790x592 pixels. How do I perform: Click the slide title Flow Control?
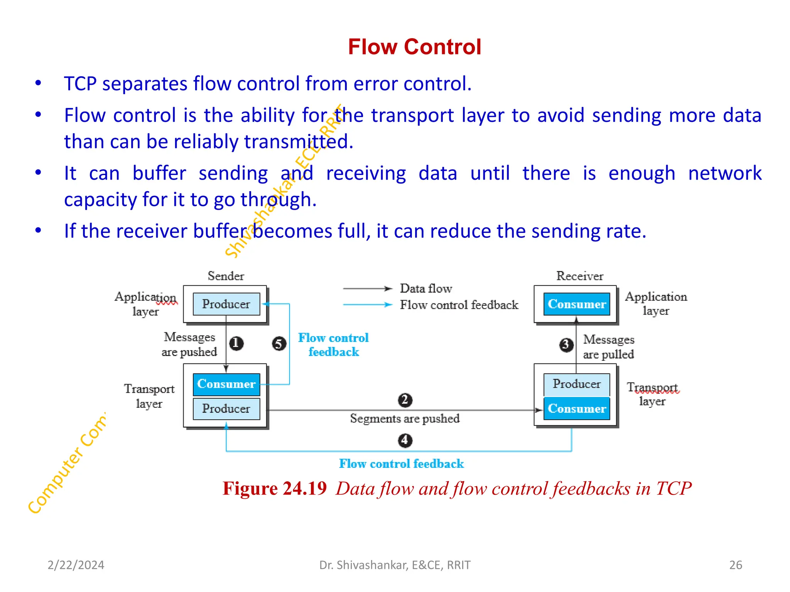pyautogui.click(x=414, y=47)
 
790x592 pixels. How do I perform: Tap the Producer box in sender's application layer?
pyautogui.click(x=226, y=304)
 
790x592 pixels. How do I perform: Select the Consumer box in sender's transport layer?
pyautogui.click(x=226, y=384)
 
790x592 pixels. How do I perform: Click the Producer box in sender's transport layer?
pyautogui.click(x=226, y=409)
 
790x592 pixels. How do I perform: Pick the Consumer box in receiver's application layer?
pyautogui.click(x=577, y=304)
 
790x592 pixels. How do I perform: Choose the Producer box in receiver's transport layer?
pyautogui.click(x=577, y=384)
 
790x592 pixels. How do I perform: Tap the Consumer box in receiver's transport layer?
pyautogui.click(x=577, y=409)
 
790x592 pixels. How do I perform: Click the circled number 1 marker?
pyautogui.click(x=236, y=343)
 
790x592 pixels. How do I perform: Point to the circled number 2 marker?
pyautogui.click(x=405, y=400)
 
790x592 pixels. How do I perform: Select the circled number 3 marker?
pyautogui.click(x=566, y=344)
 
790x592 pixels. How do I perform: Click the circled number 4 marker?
pyautogui.click(x=405, y=440)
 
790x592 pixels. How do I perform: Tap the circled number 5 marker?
pyautogui.click(x=279, y=343)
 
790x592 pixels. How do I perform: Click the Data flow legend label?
pyautogui.click(x=425, y=288)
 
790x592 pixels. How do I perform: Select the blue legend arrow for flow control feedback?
pyautogui.click(x=367, y=304)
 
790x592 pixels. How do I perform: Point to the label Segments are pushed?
pyautogui.click(x=405, y=419)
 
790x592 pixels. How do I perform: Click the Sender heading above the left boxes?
pyautogui.click(x=226, y=276)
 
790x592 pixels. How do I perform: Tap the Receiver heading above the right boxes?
pyautogui.click(x=579, y=276)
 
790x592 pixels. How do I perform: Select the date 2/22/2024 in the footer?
pyautogui.click(x=76, y=565)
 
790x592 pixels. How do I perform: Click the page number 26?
pyautogui.click(x=736, y=565)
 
